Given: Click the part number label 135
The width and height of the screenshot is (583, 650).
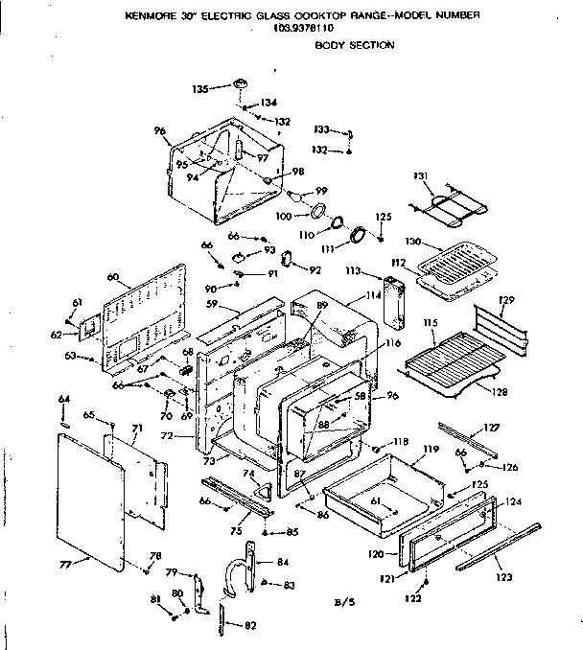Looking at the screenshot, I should tap(199, 89).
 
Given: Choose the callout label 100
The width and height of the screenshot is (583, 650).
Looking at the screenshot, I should tap(283, 217).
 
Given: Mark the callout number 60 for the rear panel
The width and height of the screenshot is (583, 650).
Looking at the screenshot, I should tap(113, 277).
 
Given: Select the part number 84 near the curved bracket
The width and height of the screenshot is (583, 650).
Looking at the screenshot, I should tap(282, 562).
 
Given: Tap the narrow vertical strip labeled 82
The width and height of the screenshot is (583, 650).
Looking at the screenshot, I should tap(222, 616).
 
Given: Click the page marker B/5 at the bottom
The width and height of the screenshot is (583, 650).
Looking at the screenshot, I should tap(344, 601).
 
